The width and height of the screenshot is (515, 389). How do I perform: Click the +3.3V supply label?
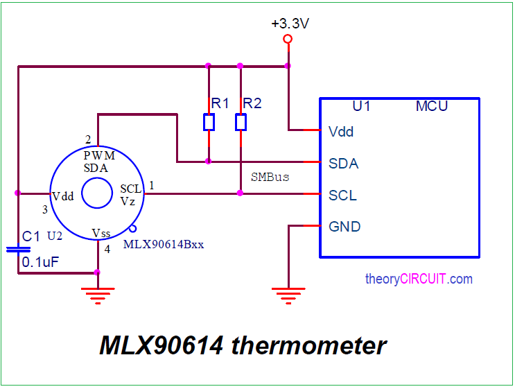pyautogui.click(x=290, y=24)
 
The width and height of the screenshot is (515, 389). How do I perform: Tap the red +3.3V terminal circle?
pyautogui.click(x=288, y=39)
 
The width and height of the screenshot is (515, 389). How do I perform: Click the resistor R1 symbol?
pyautogui.click(x=209, y=123)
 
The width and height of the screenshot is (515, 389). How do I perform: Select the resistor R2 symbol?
pyautogui.click(x=241, y=123)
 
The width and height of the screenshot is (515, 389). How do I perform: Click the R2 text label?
pyautogui.click(x=252, y=103)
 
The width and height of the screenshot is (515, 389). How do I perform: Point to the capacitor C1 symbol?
pyautogui.click(x=18, y=249)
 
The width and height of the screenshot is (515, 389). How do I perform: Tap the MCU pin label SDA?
pyautogui.click(x=343, y=164)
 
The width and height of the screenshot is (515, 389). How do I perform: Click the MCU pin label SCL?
pyautogui.click(x=343, y=196)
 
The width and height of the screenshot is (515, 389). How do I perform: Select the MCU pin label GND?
pyautogui.click(x=344, y=227)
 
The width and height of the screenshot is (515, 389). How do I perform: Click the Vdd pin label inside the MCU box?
pyautogui.click(x=341, y=131)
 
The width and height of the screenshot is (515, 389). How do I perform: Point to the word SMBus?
pyautogui.click(x=270, y=178)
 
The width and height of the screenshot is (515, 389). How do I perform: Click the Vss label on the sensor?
pyautogui.click(x=101, y=233)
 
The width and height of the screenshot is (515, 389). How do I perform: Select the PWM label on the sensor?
pyautogui.click(x=99, y=155)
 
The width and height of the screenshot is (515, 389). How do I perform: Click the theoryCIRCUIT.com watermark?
pyautogui.click(x=418, y=279)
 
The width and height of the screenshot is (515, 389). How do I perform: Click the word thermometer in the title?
pyautogui.click(x=308, y=345)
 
